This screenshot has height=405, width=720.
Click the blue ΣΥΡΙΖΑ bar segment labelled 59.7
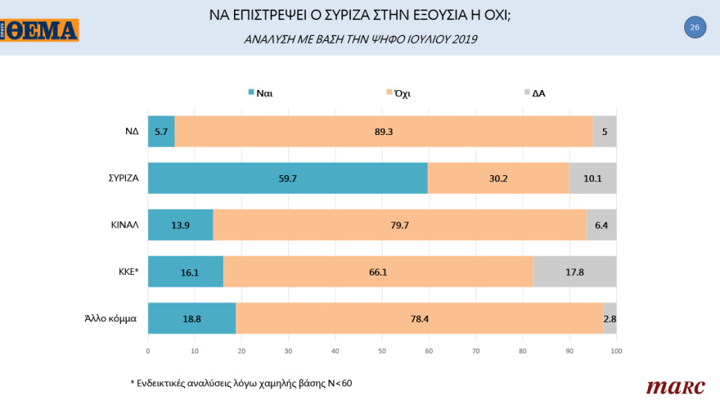tap(287, 178)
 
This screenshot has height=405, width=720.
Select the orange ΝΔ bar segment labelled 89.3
tap(383, 131)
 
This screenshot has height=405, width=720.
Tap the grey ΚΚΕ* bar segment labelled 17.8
tap(574, 272)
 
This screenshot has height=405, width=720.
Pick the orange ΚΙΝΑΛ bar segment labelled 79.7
tap(399, 224)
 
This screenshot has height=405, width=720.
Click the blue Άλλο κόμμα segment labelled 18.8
tap(191, 318)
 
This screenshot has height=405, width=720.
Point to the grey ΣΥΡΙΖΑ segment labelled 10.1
tap(592, 178)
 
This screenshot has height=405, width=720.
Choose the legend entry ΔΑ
tap(534, 93)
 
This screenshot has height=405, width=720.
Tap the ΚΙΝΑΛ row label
tap(125, 224)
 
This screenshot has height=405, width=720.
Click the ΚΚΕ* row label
tap(125, 272)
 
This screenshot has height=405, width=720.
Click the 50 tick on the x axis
tap(382, 351)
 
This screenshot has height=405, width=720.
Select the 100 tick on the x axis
tap(616, 351)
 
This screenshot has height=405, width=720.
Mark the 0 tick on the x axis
tap(148, 351)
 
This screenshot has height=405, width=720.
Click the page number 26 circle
tap(695, 28)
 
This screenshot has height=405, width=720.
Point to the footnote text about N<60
tap(242, 382)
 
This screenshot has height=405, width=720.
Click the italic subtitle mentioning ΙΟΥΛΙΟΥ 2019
tap(360, 39)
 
